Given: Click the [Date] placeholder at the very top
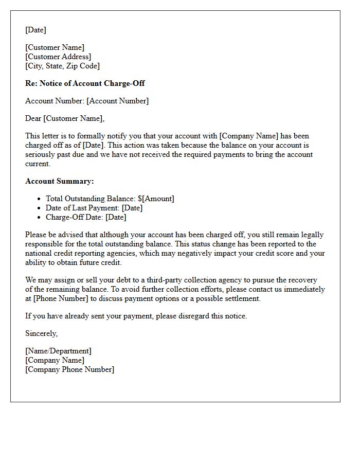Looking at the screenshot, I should click(35, 30).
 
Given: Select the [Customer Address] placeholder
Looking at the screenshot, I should click(58, 57).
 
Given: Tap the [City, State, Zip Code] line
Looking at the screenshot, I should click(62, 66).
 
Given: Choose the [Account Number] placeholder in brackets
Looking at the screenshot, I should click(117, 101).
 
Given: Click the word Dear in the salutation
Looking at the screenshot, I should click(33, 118).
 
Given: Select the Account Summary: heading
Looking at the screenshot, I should click(60, 181).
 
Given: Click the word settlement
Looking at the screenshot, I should click(243, 298).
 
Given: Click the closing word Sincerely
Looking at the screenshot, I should click(41, 333).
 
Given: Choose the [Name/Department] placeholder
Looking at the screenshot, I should click(58, 351).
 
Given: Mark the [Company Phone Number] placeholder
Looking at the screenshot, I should click(69, 369).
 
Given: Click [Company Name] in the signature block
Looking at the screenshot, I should click(55, 360).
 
